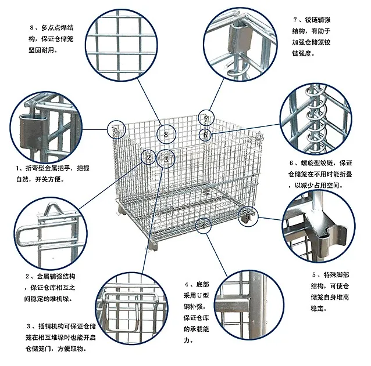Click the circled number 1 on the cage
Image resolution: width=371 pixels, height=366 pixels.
pos(116,131)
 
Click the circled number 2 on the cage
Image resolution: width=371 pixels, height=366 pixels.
pos(149,157)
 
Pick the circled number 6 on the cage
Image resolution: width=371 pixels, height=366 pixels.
pos(205,135)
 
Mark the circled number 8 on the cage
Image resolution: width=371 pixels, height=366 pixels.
pos(166,135)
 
